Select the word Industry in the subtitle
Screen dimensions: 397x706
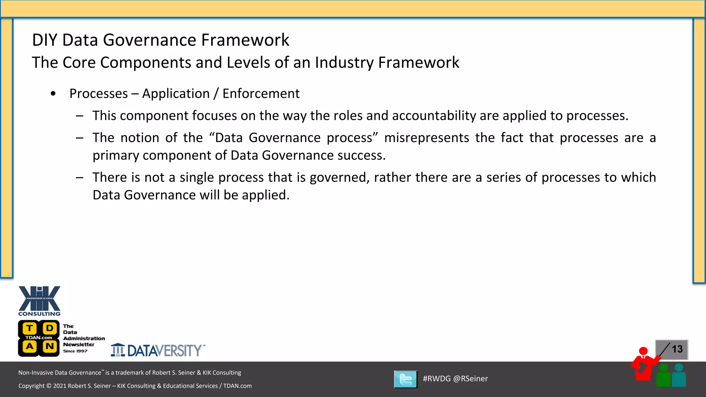pos(344,63)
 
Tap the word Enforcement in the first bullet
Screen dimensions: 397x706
pos(261,94)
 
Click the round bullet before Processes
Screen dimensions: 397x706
pos(53,93)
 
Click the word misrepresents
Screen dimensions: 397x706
pos(426,138)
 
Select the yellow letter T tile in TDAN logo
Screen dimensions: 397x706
pos(30,328)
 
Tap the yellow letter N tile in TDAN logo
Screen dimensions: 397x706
pos(50,346)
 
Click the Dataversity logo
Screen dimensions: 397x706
pos(158,350)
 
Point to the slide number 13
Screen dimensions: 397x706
pos(677,349)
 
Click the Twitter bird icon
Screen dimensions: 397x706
pos(406,379)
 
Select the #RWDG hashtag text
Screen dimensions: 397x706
pos(436,379)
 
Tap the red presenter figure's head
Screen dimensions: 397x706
pos(643,351)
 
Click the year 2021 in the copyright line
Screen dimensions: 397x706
pos(60,386)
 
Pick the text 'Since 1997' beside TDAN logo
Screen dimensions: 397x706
pos(75,351)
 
